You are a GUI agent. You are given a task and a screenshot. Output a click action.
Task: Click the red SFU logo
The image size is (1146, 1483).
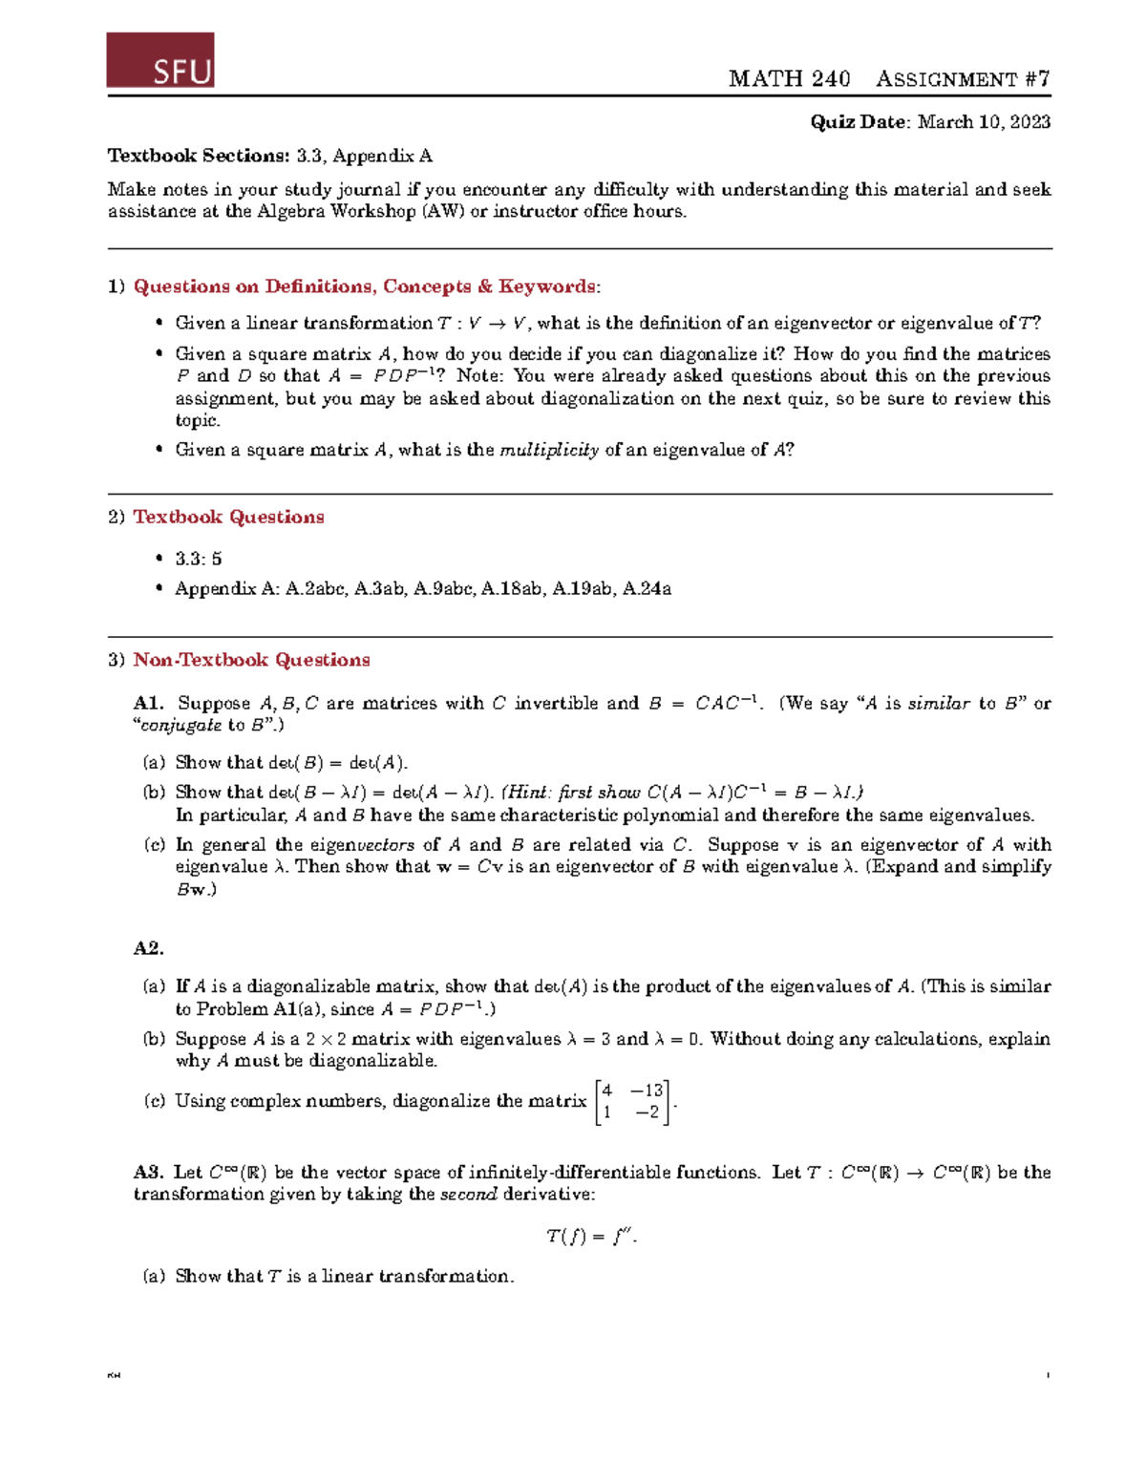[160, 60]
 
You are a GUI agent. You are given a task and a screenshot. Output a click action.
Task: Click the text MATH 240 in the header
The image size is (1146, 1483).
[789, 79]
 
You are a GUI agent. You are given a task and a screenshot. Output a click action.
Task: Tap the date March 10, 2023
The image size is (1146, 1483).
[984, 122]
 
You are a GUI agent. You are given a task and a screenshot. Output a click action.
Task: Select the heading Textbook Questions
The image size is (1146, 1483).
[228, 517]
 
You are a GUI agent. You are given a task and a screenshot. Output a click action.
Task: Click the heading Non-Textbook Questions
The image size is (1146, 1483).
[251, 660]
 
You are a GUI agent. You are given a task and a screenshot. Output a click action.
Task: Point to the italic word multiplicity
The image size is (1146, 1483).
[549, 450]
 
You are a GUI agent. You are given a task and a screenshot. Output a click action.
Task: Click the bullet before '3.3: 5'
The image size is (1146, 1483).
[159, 559]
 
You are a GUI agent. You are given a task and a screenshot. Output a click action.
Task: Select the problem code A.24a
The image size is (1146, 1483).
[647, 589]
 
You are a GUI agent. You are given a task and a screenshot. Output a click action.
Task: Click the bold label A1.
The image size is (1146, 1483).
[149, 704]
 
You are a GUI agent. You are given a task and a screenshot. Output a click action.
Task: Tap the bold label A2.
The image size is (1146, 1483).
[149, 948]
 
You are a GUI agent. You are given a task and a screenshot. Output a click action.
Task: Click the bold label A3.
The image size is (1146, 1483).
[149, 1173]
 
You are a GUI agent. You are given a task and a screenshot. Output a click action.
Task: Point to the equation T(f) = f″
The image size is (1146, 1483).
[591, 1237]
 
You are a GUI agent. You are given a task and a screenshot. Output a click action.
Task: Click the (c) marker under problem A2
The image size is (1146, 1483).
[154, 1101]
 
